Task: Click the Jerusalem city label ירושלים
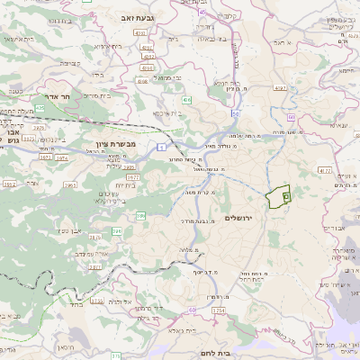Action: (265, 218)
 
